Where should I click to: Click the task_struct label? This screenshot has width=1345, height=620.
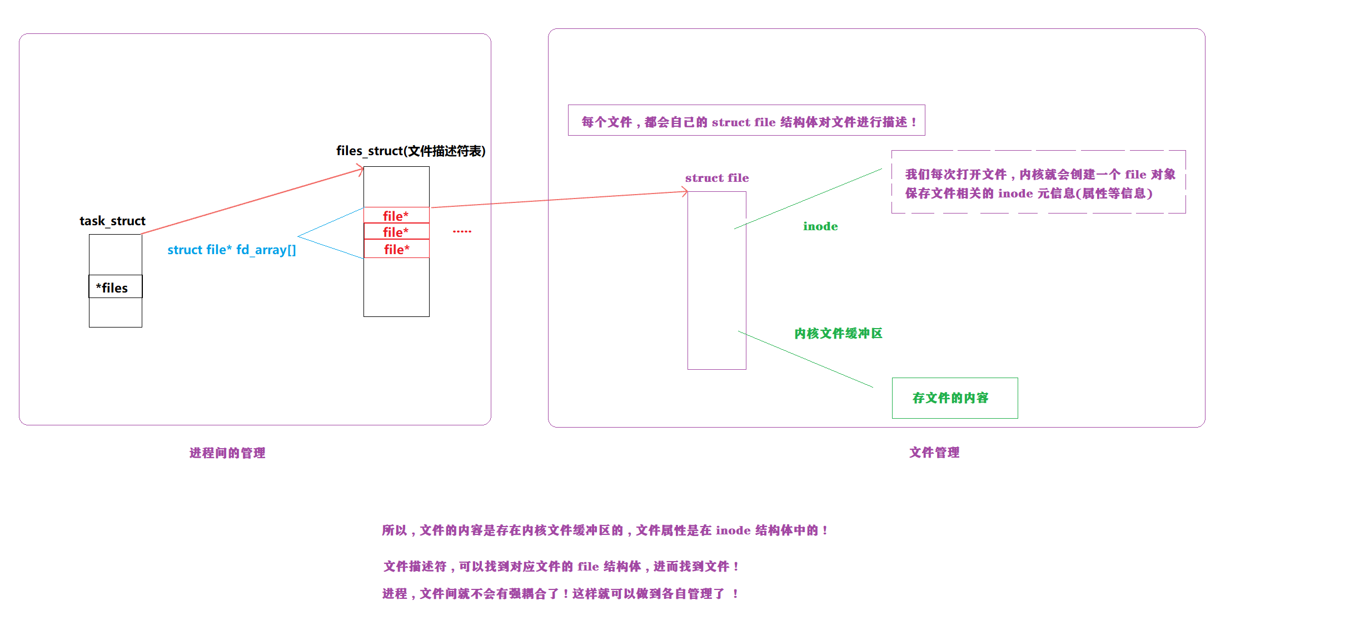click(112, 221)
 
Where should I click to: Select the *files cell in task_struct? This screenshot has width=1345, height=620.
click(115, 287)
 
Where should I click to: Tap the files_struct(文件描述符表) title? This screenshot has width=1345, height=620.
click(411, 151)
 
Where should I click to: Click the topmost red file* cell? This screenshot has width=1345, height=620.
click(396, 215)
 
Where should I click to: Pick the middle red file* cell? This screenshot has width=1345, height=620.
click(396, 232)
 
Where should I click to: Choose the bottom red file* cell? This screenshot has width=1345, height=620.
click(396, 249)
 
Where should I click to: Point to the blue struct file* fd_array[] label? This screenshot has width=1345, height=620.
click(231, 250)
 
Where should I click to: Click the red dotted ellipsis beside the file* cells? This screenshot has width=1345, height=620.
click(462, 231)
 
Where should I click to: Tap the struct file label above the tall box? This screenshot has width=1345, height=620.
click(716, 178)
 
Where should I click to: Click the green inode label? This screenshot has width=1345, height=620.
click(820, 226)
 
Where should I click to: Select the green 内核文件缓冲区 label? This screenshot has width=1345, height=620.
click(838, 333)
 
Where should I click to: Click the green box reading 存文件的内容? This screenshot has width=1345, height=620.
click(954, 398)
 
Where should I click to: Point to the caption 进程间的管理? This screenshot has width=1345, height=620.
click(227, 453)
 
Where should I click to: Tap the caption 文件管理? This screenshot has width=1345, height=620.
click(934, 452)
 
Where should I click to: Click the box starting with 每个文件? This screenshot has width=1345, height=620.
click(746, 121)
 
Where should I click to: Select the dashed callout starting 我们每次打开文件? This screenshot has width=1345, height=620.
click(1038, 182)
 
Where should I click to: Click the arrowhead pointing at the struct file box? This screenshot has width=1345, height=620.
click(685, 192)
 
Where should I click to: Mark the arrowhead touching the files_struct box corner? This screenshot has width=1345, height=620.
click(361, 169)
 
